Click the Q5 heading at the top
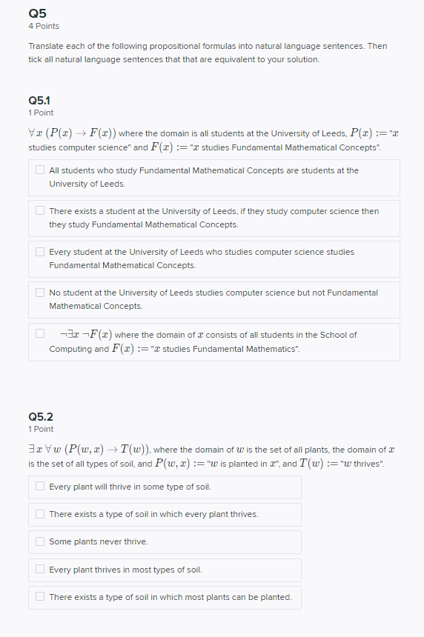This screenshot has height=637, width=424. [37, 13]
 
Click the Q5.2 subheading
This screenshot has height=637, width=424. [40, 416]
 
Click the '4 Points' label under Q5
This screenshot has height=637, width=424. [44, 26]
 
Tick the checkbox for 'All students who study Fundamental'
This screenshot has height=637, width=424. [40, 170]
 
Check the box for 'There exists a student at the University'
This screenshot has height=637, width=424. [40, 211]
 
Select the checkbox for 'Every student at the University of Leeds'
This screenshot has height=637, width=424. [40, 252]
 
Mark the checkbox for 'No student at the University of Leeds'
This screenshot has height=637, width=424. [40, 293]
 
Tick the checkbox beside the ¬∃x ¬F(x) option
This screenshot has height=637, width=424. [40, 334]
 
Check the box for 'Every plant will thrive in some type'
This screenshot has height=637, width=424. [40, 487]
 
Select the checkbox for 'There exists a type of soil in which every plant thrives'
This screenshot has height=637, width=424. [40, 514]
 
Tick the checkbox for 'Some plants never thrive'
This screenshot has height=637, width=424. [40, 541]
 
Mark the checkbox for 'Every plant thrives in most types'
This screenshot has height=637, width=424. [40, 570]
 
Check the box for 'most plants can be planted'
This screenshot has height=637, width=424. [40, 597]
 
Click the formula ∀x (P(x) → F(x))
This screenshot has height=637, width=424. [71, 133]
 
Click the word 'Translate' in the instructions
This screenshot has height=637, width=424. [47, 46]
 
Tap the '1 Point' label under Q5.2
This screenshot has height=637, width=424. [41, 430]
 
